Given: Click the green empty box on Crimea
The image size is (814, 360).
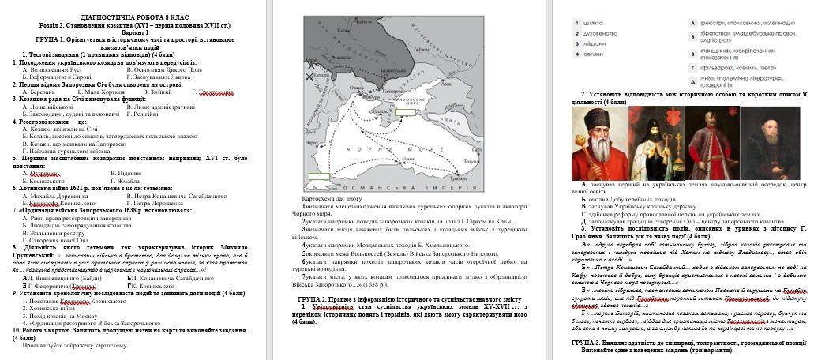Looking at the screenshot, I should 405,113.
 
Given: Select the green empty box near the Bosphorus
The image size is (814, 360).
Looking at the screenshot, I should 319,178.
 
